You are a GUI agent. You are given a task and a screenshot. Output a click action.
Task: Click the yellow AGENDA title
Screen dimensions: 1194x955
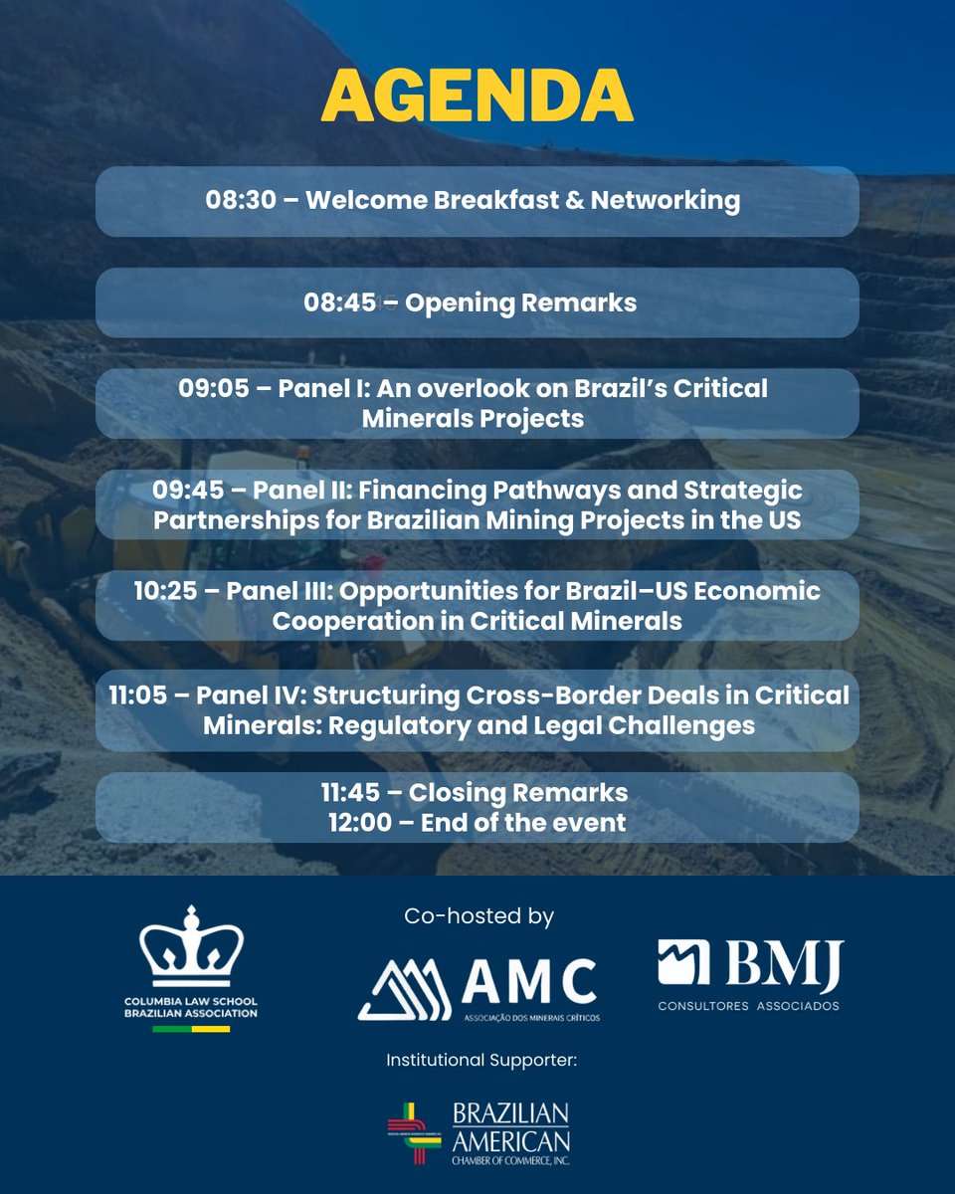point(477,97)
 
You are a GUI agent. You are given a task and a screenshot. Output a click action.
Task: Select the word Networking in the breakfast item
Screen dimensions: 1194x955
point(665,200)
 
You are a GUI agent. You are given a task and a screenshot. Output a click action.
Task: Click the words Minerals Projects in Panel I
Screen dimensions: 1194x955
point(473,419)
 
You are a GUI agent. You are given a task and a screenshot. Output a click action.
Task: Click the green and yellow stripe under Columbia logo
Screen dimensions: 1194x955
point(191,1028)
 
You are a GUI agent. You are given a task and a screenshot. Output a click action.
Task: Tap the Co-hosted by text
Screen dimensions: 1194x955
point(478,916)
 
